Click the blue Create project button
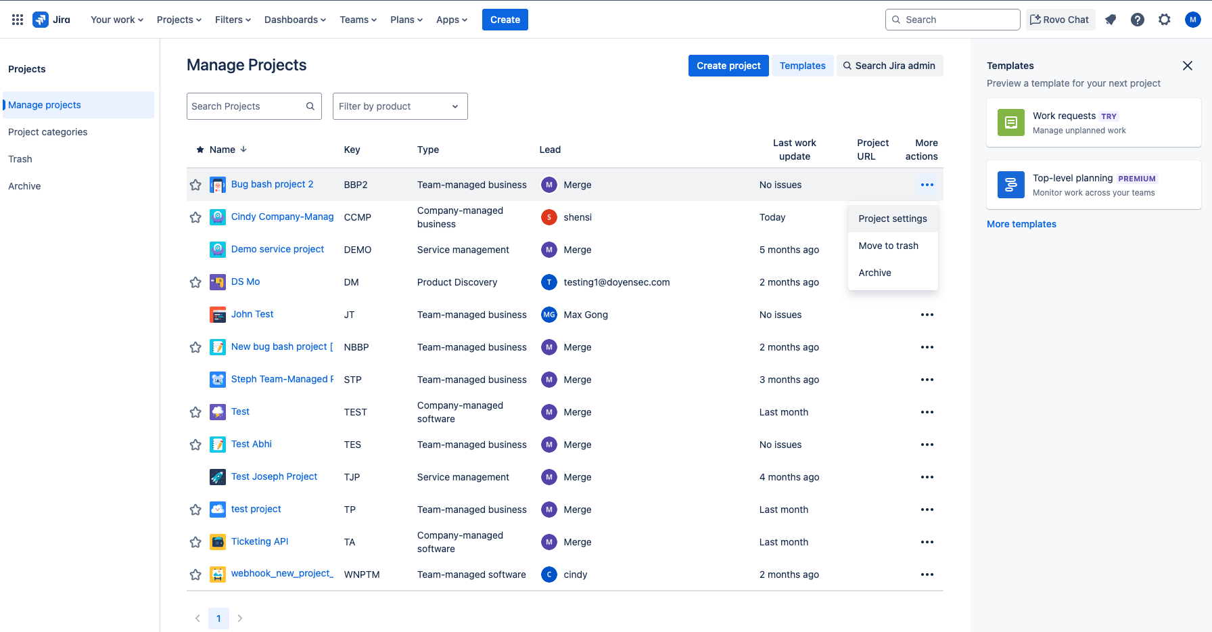tap(728, 66)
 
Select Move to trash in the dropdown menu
tap(888, 246)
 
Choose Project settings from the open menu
tap(892, 219)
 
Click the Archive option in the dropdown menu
tap(875, 273)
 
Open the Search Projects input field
tap(246, 106)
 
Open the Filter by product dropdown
tap(400, 106)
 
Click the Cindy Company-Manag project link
tap(282, 217)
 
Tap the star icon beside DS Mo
tap(195, 282)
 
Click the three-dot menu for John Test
tap(927, 315)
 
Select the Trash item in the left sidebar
tap(20, 159)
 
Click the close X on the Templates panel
tap(1187, 66)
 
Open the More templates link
tap(1021, 224)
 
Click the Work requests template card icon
tap(1010, 122)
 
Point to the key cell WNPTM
tap(362, 574)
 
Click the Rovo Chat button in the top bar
tap(1060, 20)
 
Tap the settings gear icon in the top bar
tap(1164, 20)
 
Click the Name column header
tap(223, 150)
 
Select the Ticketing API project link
tap(260, 541)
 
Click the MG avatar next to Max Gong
tap(549, 315)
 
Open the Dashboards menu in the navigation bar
tap(295, 20)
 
